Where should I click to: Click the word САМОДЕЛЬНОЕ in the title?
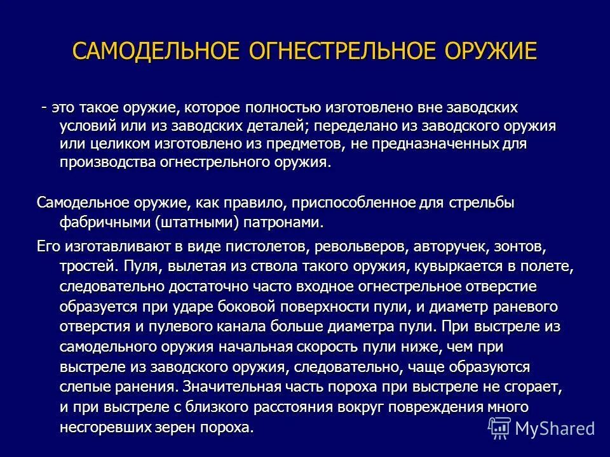pos(152,51)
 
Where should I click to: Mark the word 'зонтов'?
pos(524,246)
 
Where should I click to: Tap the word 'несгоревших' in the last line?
pos(107,427)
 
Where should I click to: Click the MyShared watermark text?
pos(555,428)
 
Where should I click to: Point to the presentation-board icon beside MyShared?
pos(499,428)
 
